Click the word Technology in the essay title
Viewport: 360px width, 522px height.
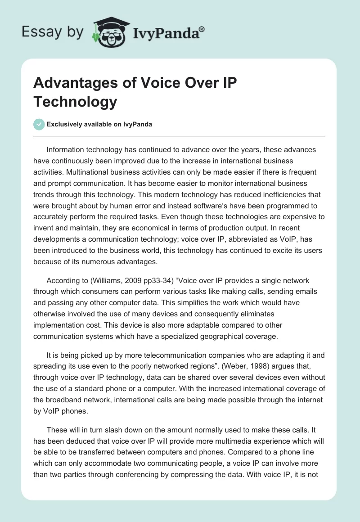tap(75, 102)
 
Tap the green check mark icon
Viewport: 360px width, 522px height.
tap(39, 124)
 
